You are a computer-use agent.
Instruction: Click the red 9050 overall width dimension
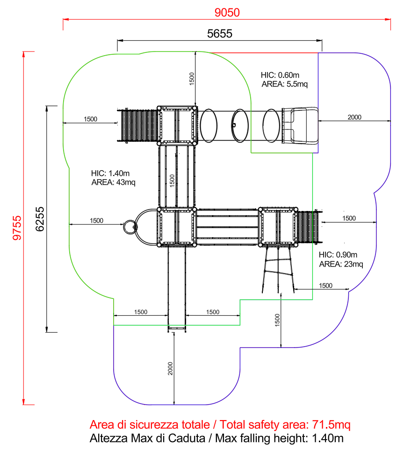(x=227, y=13)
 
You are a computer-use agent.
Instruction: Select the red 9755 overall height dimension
(x=17, y=228)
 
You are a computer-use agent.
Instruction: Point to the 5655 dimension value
(x=219, y=34)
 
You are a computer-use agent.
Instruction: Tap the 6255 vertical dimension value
(x=40, y=219)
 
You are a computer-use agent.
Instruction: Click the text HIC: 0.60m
(x=280, y=75)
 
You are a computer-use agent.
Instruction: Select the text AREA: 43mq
(x=113, y=182)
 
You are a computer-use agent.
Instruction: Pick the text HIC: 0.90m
(x=338, y=255)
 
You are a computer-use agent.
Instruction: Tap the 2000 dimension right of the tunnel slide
(x=354, y=117)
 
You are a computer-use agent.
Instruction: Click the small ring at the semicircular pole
(x=129, y=227)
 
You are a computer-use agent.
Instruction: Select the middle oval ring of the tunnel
(x=239, y=125)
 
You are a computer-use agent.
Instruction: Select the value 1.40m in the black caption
(x=326, y=438)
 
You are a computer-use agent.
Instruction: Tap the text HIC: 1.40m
(x=110, y=174)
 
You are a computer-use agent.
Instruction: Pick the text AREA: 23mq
(x=341, y=264)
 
